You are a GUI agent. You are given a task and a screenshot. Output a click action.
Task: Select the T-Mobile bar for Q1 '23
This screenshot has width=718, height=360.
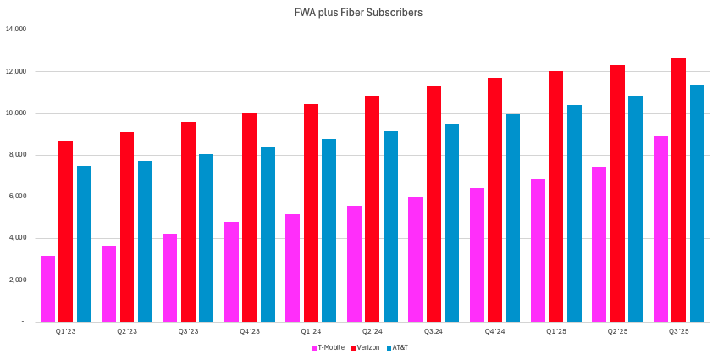click(x=47, y=289)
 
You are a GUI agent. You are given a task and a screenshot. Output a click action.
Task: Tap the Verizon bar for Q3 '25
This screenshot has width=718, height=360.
click(x=678, y=190)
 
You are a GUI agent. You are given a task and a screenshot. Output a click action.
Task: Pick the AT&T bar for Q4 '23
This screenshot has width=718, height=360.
click(x=268, y=234)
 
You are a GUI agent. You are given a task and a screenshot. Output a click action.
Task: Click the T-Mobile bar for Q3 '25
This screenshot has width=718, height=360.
click(x=660, y=229)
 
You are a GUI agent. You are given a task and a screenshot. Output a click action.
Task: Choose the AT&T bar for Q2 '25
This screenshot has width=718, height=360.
click(x=636, y=208)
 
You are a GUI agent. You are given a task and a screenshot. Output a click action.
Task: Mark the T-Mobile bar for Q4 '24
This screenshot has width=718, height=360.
click(x=477, y=255)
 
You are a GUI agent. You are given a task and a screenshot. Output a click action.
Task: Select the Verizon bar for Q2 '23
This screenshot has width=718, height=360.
click(x=127, y=227)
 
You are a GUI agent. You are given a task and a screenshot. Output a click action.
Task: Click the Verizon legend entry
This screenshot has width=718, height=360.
click(x=365, y=347)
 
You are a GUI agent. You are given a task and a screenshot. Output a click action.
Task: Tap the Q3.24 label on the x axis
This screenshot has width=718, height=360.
click(x=434, y=332)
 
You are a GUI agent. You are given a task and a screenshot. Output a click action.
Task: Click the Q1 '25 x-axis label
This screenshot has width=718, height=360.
click(x=555, y=332)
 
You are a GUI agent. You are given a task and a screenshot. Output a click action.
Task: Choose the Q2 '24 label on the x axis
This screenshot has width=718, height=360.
click(x=372, y=332)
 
